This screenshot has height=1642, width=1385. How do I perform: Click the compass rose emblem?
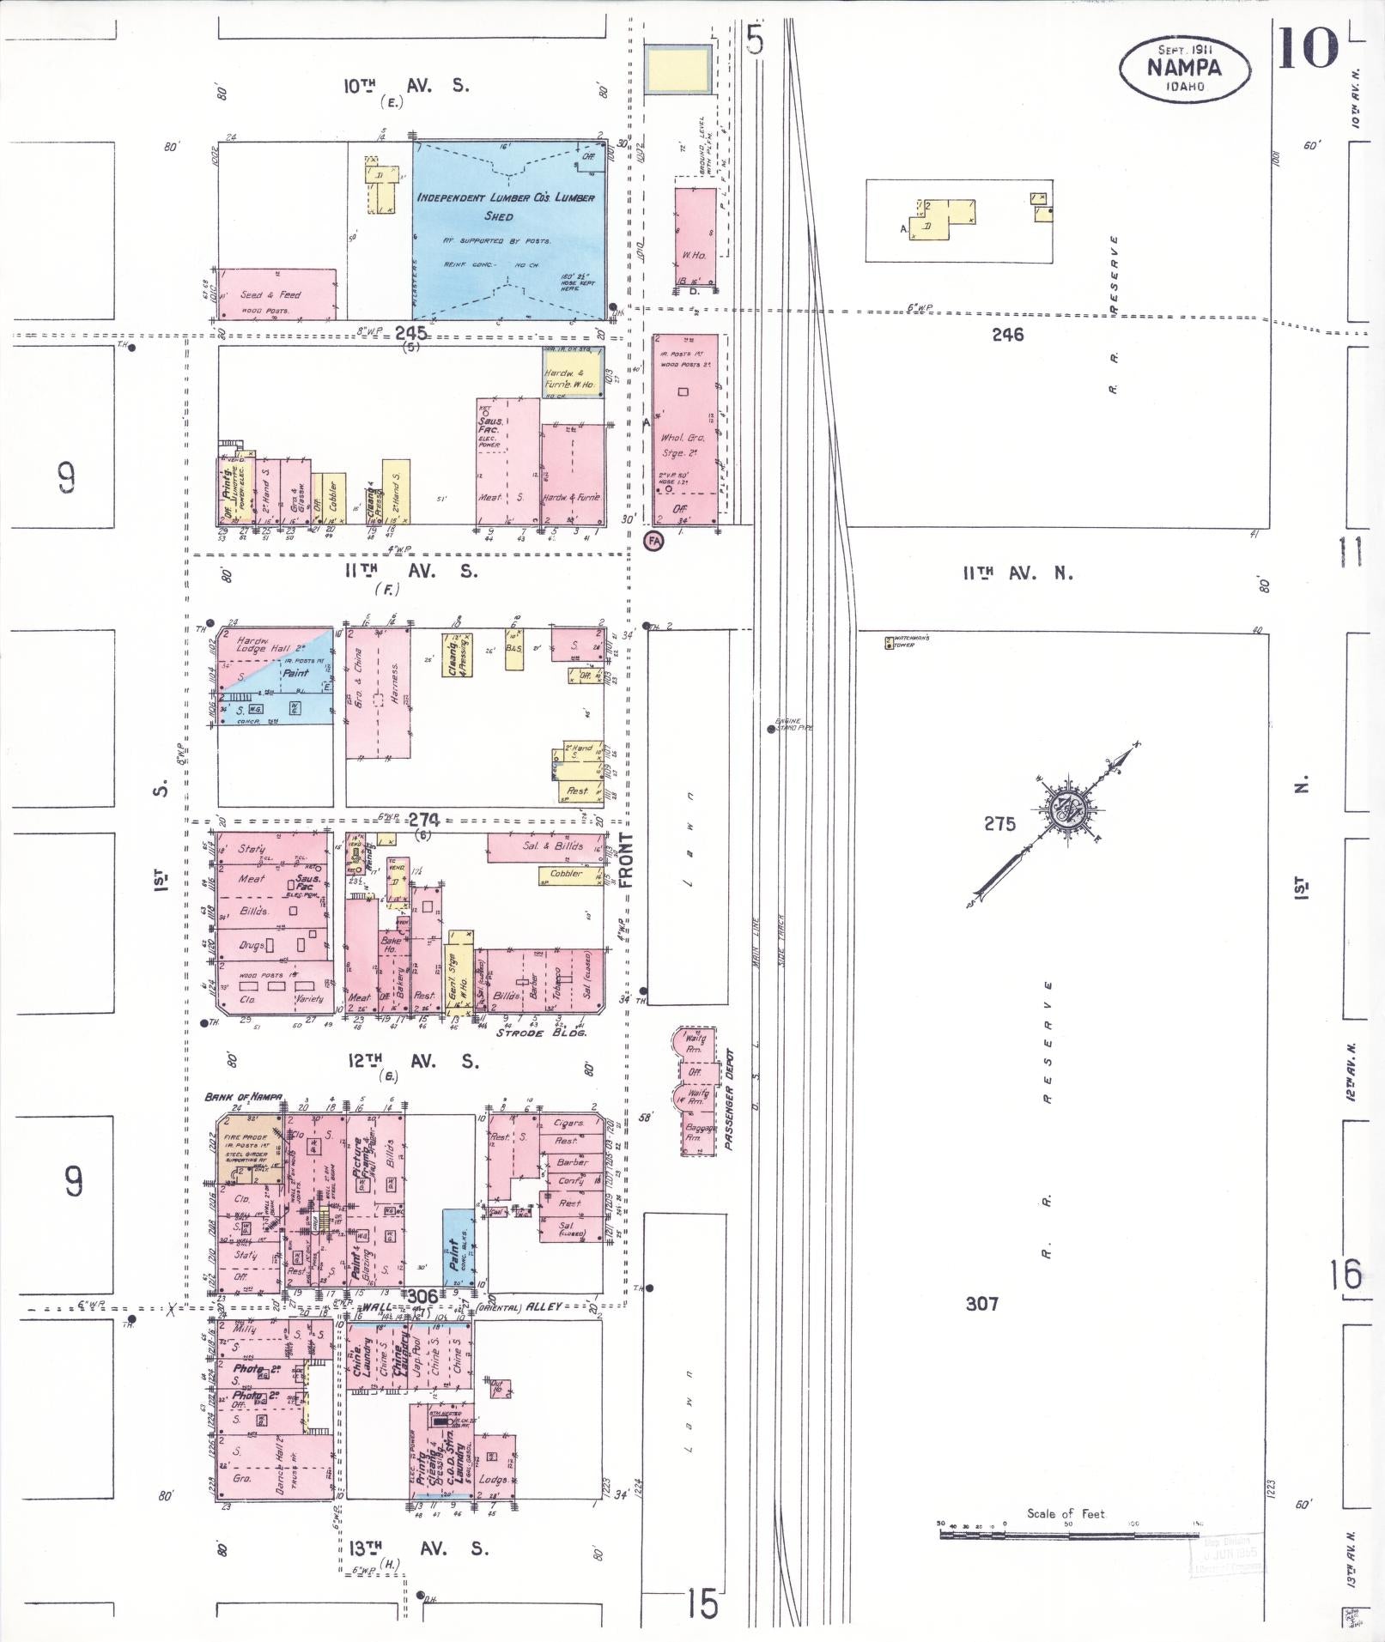(x=1069, y=808)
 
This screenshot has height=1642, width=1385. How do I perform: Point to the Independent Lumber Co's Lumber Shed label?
(x=506, y=206)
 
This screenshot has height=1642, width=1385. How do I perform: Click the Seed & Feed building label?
(x=270, y=295)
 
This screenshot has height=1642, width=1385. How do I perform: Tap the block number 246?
(x=1007, y=336)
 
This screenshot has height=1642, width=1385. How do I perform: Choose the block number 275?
(x=1000, y=824)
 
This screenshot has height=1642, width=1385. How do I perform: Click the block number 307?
(x=981, y=1304)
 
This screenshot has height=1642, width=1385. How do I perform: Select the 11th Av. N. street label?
(x=1017, y=573)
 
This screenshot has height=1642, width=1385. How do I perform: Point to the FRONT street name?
(x=625, y=860)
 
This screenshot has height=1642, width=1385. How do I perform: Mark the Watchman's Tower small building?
(x=889, y=642)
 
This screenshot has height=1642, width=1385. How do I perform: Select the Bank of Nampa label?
(x=234, y=1098)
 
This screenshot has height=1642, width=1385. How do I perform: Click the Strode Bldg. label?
(x=541, y=1033)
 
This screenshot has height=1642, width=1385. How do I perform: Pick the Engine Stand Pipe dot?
(x=771, y=730)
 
